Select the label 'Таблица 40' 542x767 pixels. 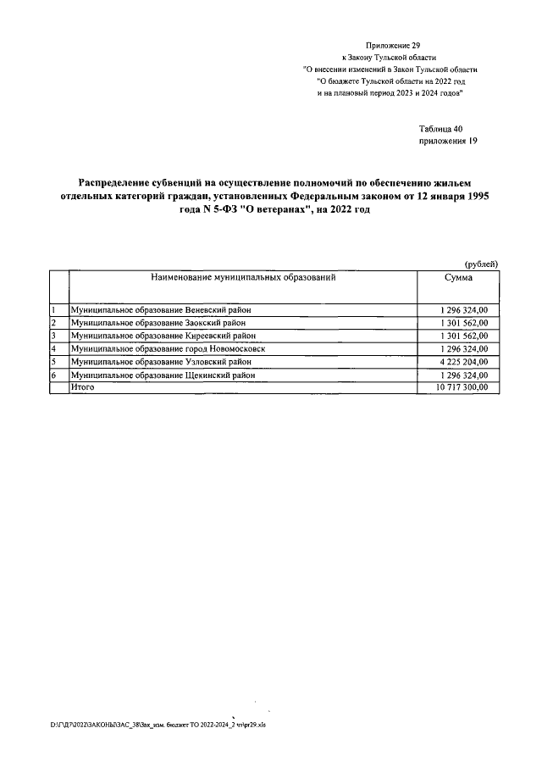[x=441, y=128]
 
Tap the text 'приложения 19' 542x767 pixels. [x=449, y=142]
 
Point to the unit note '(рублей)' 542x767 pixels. [x=482, y=265]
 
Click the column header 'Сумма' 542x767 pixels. [x=458, y=278]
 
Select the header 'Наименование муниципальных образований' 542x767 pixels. [x=244, y=277]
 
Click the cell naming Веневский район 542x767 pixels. [x=174, y=310]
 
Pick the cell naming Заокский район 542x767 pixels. [x=173, y=323]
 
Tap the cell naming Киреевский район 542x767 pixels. [x=175, y=336]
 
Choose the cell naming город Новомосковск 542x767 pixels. [x=180, y=348]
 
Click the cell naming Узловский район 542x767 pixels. [x=174, y=361]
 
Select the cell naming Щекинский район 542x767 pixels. [x=175, y=374]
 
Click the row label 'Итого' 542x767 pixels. [x=83, y=386]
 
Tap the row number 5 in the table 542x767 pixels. [x=53, y=361]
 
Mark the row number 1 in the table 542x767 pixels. [x=53, y=310]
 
